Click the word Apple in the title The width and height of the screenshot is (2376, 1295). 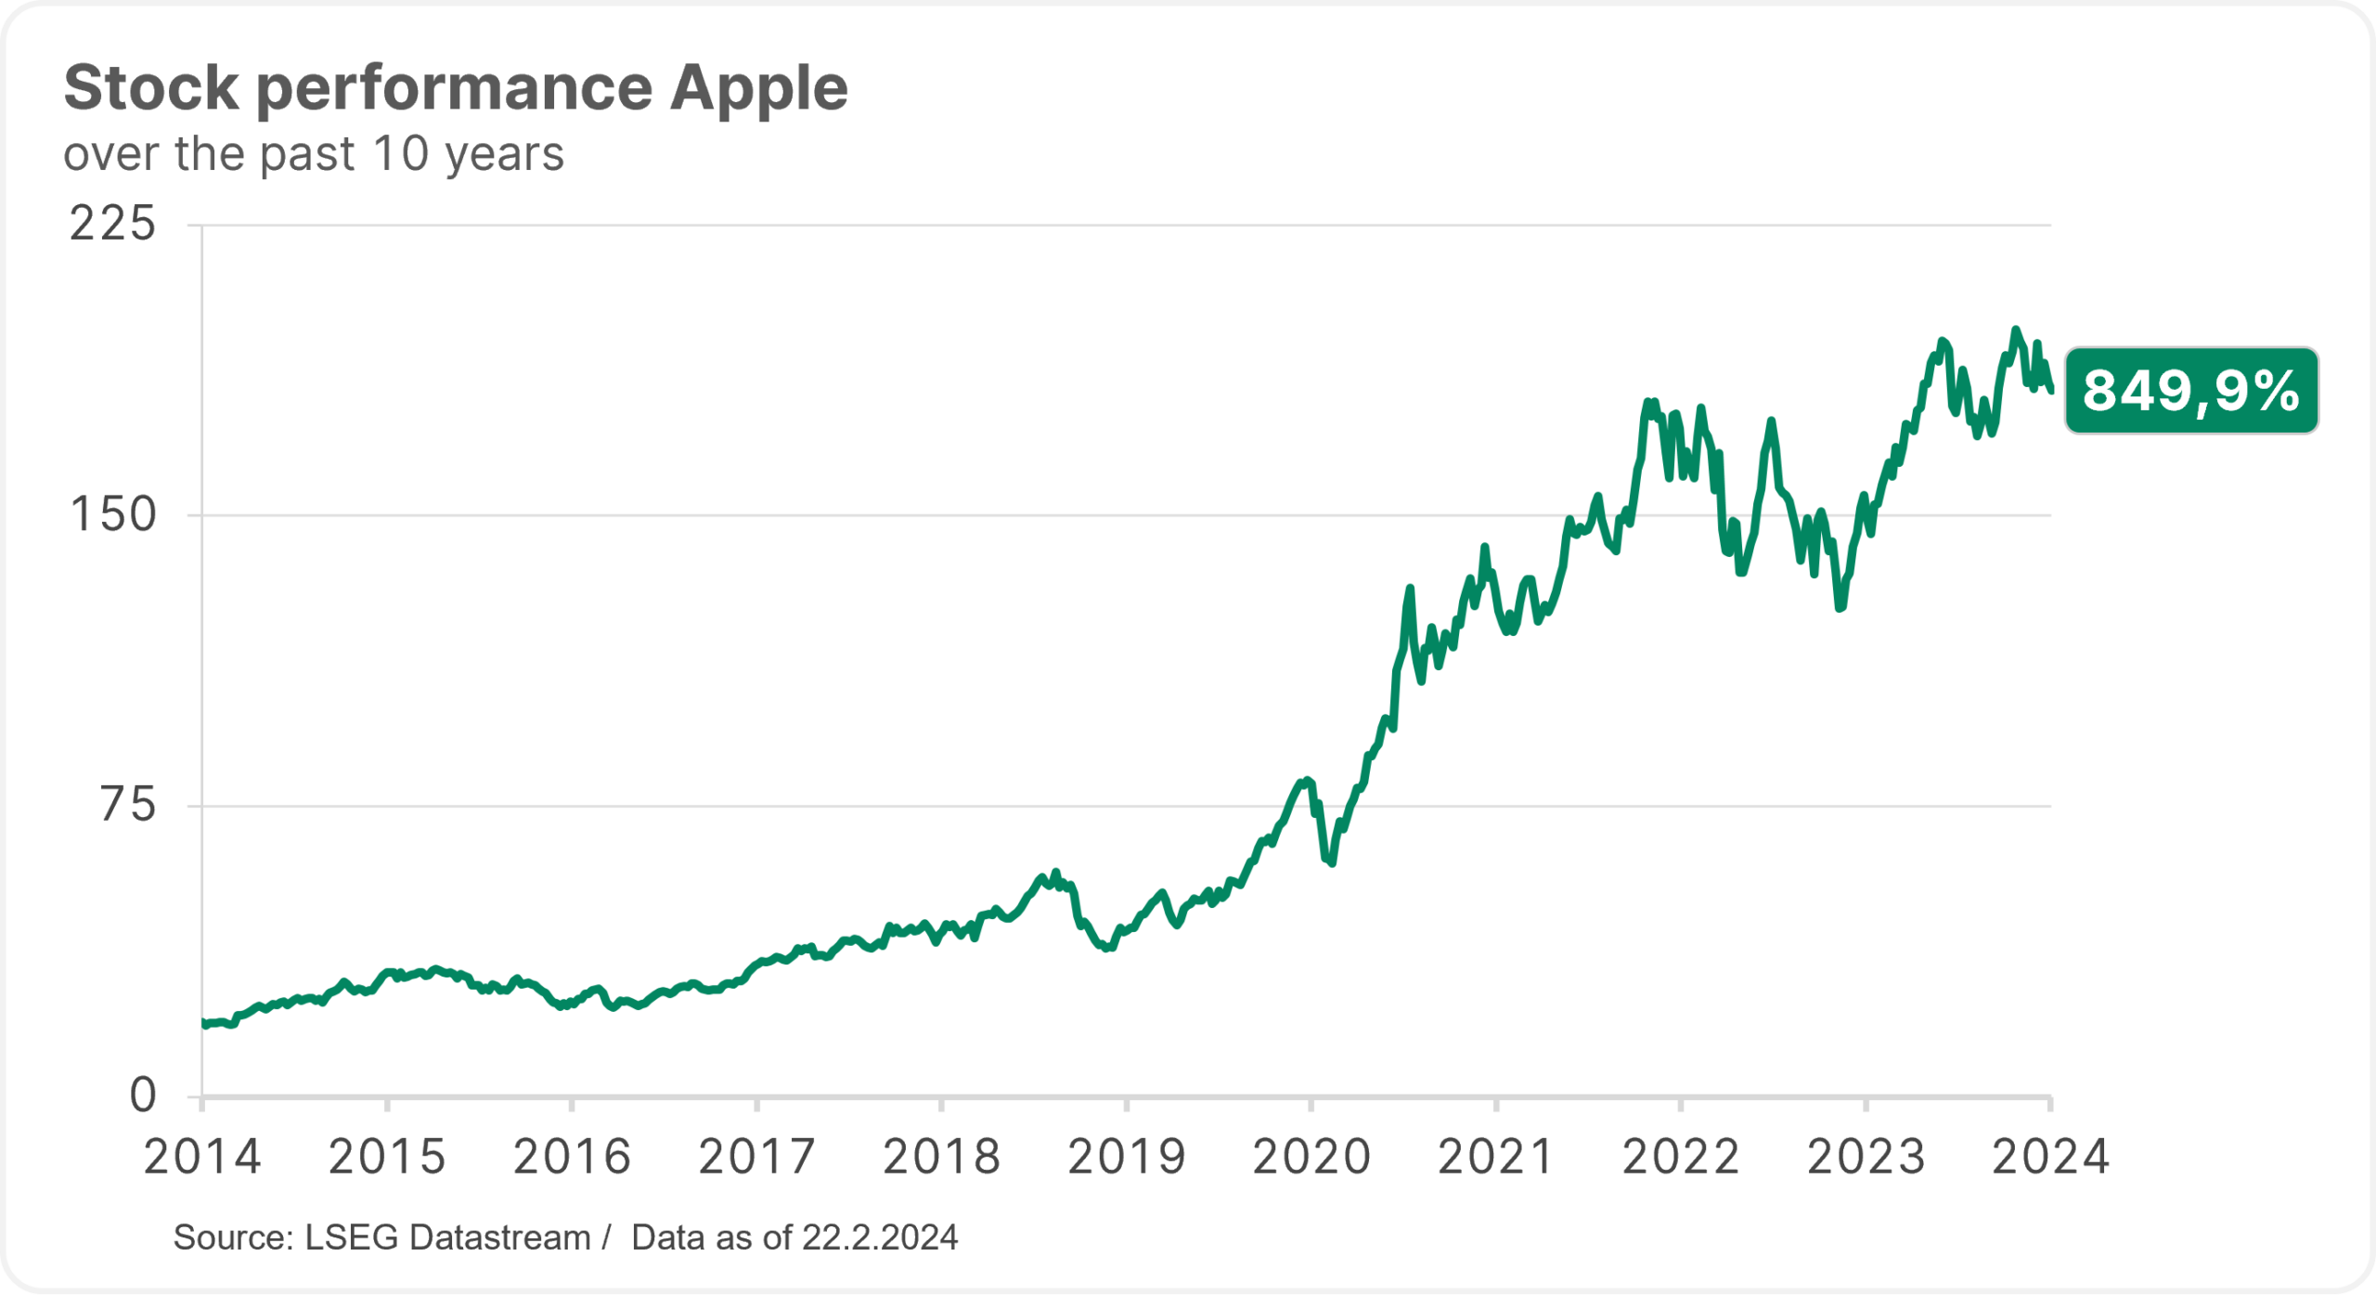coord(758,89)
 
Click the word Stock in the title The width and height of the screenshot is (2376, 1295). coord(151,89)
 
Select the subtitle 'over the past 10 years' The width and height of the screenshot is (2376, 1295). coord(314,154)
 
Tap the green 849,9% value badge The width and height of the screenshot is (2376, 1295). coord(2190,391)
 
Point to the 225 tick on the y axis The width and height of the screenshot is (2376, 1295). coord(113,225)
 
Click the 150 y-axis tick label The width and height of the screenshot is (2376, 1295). coord(113,515)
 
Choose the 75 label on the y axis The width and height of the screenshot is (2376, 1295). coord(128,805)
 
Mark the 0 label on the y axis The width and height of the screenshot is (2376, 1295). coord(143,1095)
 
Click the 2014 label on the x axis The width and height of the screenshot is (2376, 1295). coord(202,1158)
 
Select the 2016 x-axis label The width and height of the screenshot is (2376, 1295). coord(572,1158)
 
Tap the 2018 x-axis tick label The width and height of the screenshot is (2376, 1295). coord(941,1158)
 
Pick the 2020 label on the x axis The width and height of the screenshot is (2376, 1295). coord(1311,1158)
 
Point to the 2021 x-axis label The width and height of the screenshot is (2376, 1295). coord(1495,1158)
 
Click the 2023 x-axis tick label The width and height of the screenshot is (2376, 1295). coord(1866,1158)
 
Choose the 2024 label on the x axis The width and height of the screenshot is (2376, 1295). coord(2050,1158)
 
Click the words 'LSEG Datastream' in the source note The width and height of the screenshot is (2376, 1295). coord(447,1238)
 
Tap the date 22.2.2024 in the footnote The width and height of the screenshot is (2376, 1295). coord(879,1238)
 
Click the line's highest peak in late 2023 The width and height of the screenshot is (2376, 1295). coord(2014,330)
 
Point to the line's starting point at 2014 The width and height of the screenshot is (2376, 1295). coord(203,1023)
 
